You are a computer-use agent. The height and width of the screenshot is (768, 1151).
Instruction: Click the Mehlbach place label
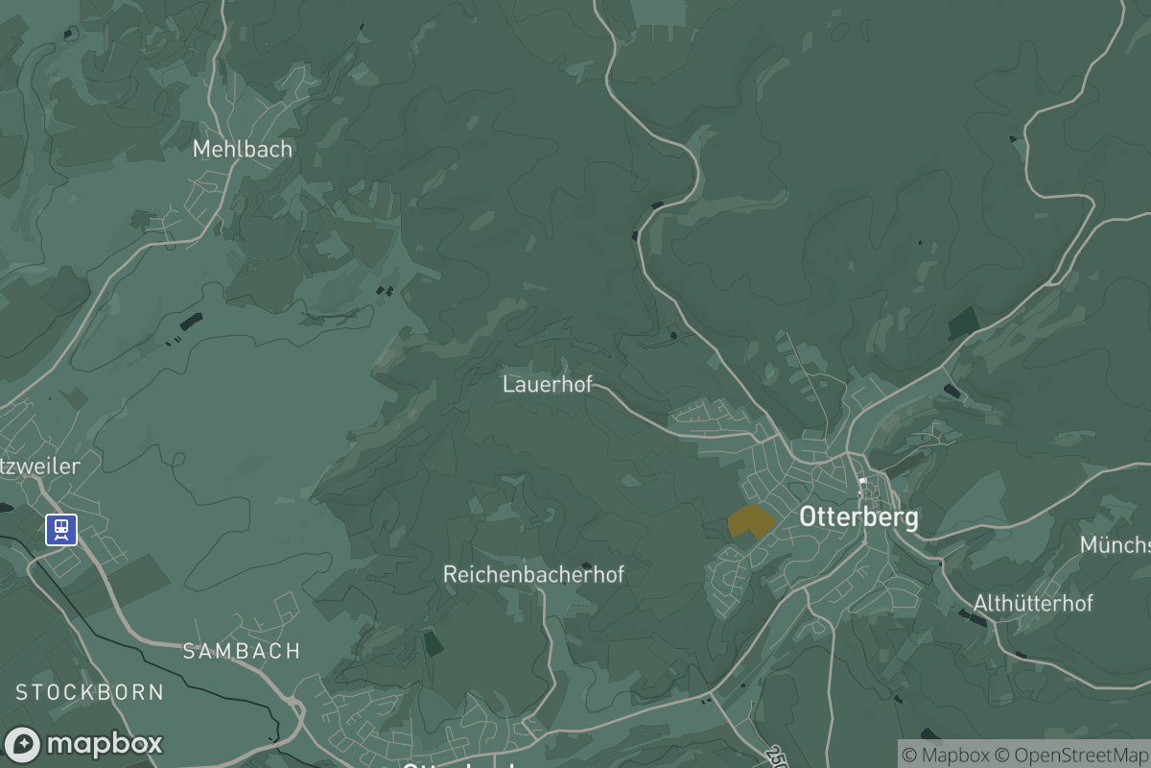[x=242, y=150]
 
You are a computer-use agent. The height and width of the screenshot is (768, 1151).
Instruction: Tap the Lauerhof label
[x=547, y=385]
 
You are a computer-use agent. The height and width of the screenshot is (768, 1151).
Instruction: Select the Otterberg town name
[x=858, y=517]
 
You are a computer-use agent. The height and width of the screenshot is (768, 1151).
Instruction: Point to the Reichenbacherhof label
[x=533, y=574]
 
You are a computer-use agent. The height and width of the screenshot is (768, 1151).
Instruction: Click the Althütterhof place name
[x=1033, y=604]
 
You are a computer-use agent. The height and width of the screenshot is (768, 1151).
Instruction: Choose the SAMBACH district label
[x=242, y=651]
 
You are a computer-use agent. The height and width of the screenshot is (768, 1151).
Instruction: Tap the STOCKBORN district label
[x=89, y=692]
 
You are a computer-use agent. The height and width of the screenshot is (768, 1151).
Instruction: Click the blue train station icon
[x=61, y=529]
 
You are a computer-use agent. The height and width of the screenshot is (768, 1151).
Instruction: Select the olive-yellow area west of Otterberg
[x=750, y=521]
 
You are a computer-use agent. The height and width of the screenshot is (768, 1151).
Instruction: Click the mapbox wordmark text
[x=105, y=744]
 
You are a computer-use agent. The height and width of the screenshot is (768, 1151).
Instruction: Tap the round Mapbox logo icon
[x=23, y=745]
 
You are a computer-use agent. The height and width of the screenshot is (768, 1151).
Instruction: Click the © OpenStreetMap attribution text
[x=1071, y=756]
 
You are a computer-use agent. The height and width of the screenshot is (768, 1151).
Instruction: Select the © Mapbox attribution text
[x=944, y=756]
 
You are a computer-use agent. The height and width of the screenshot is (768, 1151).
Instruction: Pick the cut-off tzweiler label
[x=39, y=467]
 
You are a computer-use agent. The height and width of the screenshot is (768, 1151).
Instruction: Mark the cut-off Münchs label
[x=1115, y=545]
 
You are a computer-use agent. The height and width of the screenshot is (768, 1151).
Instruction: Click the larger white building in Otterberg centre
[x=862, y=481]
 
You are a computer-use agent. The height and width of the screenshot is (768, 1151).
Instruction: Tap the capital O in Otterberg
[x=809, y=517]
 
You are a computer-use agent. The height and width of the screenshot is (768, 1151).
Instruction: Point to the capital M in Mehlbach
[x=201, y=150]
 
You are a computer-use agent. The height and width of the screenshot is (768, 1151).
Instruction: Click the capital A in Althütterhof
[x=980, y=604]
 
